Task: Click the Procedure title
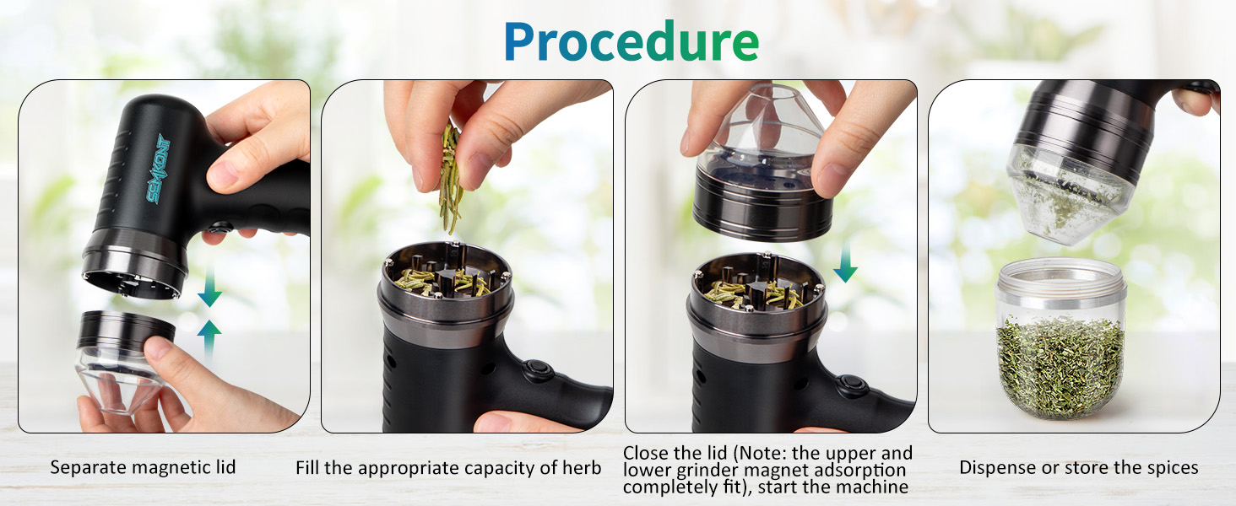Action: (x=631, y=40)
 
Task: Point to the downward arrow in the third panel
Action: (x=844, y=266)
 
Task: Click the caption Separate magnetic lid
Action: (x=143, y=467)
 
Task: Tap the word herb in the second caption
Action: (x=582, y=467)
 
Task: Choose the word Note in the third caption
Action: (x=762, y=454)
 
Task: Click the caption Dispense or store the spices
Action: (x=1078, y=467)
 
